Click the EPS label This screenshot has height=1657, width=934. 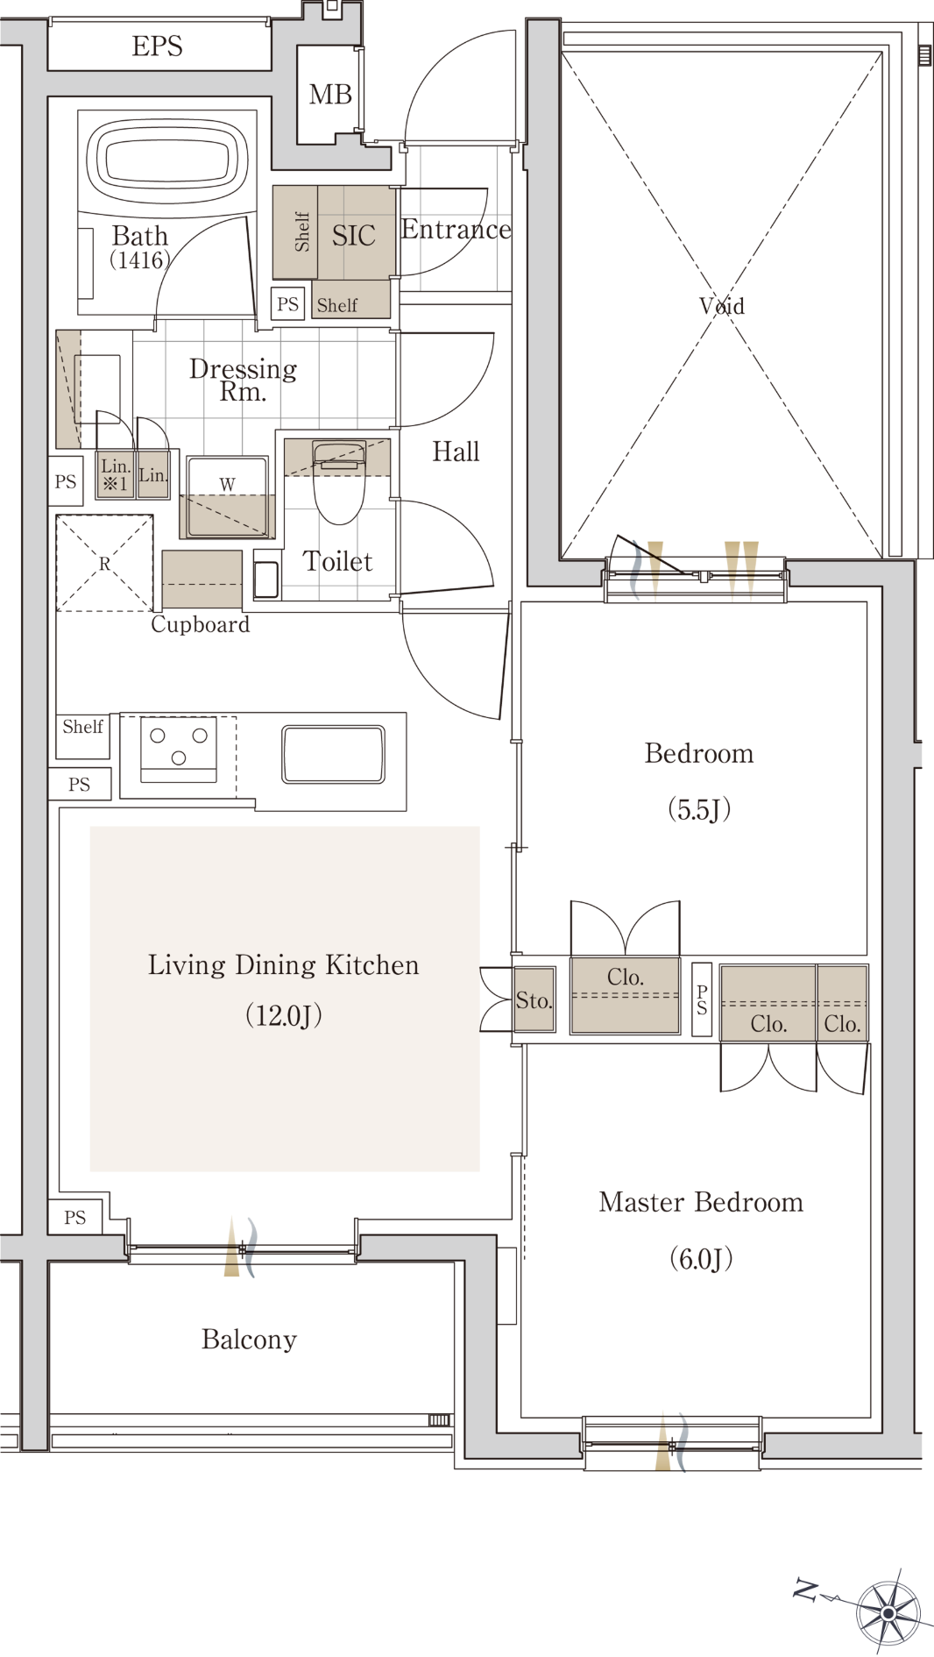158,46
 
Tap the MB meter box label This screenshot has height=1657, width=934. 330,95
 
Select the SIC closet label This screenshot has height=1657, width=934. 353,235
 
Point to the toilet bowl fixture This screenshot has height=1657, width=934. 338,482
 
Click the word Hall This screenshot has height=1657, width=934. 456,452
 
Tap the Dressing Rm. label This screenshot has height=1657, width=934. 243,380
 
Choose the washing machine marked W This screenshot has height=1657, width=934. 227,497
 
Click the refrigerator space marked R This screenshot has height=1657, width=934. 104,563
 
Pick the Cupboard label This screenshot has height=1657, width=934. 201,624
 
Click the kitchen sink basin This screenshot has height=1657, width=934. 333,754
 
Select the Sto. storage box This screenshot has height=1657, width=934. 534,999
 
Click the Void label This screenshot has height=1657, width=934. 722,306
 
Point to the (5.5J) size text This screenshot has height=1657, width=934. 699,808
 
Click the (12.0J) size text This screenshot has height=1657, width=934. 284,1015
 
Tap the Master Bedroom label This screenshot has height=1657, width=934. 701,1202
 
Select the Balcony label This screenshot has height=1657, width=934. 249,1340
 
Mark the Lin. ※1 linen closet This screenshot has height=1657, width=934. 115,474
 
